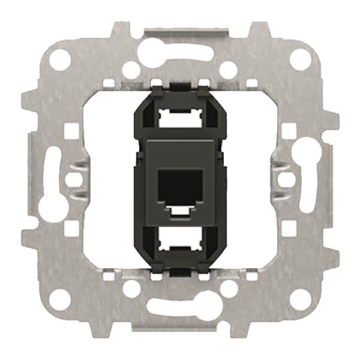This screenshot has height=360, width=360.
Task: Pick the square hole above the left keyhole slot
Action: coord(70,128)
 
